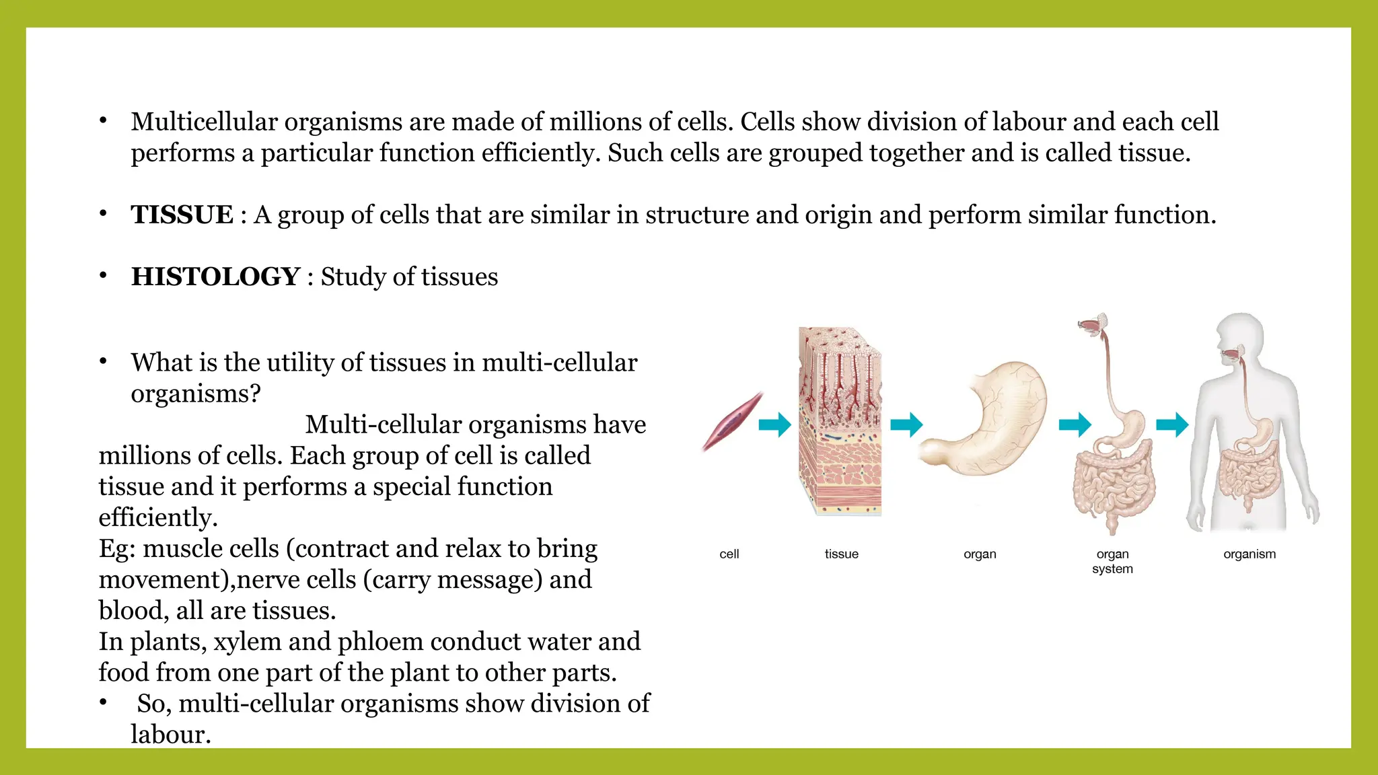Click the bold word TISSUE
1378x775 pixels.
182,215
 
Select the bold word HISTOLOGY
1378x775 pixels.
215,277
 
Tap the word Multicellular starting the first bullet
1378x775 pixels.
204,122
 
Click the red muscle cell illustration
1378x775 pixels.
732,422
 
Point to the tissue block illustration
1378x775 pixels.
840,422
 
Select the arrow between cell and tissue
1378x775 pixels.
775,425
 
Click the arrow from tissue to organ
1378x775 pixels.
906,425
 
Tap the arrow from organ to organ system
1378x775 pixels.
1075,425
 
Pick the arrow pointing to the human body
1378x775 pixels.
1172,425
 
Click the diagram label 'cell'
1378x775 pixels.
729,554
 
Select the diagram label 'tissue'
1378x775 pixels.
841,554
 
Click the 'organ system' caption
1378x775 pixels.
1112,562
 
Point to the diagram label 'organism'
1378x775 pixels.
1249,554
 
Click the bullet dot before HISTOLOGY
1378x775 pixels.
103,276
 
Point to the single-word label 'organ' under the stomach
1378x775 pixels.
980,554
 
